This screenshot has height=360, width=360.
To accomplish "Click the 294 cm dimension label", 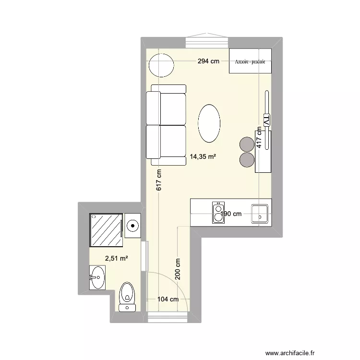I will pyautogui.click(x=208, y=61).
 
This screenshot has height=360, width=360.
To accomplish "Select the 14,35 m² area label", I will pyautogui.click(x=203, y=156).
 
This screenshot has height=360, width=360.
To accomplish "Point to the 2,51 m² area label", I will pyautogui.click(x=117, y=259).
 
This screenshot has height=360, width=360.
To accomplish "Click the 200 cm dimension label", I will pyautogui.click(x=178, y=269).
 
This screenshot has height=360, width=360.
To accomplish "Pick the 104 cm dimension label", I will pyautogui.click(x=168, y=299).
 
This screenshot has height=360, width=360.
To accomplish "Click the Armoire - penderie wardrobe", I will pyautogui.click(x=250, y=61).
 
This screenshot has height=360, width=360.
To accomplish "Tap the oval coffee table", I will pyautogui.click(x=210, y=123).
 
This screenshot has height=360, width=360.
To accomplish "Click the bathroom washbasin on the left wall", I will pyautogui.click(x=97, y=277).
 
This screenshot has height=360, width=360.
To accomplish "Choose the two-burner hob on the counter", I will pyautogui.click(x=218, y=212).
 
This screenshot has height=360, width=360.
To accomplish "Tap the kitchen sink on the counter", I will pyautogui.click(x=260, y=213).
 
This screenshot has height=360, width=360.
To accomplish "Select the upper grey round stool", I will pyautogui.click(x=247, y=144).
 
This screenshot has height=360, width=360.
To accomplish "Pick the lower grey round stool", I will pyautogui.click(x=247, y=159).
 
